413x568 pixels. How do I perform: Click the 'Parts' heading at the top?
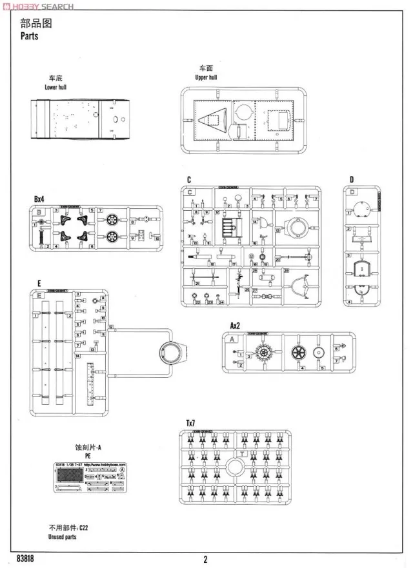30,36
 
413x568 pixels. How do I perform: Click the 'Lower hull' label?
55,87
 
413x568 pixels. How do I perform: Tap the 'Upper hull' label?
206,77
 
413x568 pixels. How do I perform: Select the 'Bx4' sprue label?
41,199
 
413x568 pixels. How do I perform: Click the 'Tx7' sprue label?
190,422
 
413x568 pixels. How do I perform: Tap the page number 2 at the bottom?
206,559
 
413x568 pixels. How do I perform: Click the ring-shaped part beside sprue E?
173,351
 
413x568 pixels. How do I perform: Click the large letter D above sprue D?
352,180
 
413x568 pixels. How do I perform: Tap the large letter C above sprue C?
188,180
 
